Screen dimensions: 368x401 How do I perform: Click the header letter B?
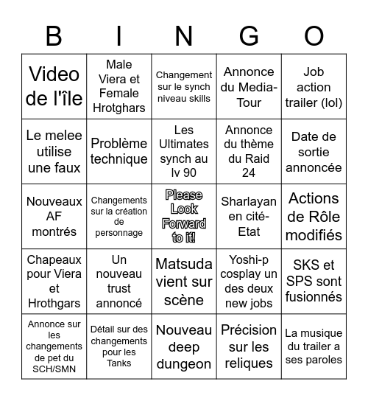[54, 35]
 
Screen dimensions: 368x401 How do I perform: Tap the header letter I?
[119, 35]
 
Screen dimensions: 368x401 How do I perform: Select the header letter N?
[184, 35]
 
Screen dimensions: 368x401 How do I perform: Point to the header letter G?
[249, 35]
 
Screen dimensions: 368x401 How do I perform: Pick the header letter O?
[314, 35]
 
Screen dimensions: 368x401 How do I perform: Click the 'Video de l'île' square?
[54, 86]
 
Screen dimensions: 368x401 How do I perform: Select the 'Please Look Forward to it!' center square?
[184, 216]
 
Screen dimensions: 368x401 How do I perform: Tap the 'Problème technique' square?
[119, 151]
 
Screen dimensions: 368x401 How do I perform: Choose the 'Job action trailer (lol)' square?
[314, 86]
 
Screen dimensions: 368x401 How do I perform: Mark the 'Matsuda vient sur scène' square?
[184, 281]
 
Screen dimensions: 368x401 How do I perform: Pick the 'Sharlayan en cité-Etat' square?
[249, 216]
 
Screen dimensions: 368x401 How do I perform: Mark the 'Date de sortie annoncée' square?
[314, 151]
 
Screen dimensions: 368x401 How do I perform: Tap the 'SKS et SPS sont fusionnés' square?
[314, 281]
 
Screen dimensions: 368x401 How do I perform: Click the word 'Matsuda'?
[184, 264]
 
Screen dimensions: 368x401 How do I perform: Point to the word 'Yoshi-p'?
[249, 259]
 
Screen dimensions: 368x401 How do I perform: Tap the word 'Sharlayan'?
[249, 200]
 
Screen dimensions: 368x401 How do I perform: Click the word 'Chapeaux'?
[54, 259]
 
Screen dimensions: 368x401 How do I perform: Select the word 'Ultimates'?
[184, 144]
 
